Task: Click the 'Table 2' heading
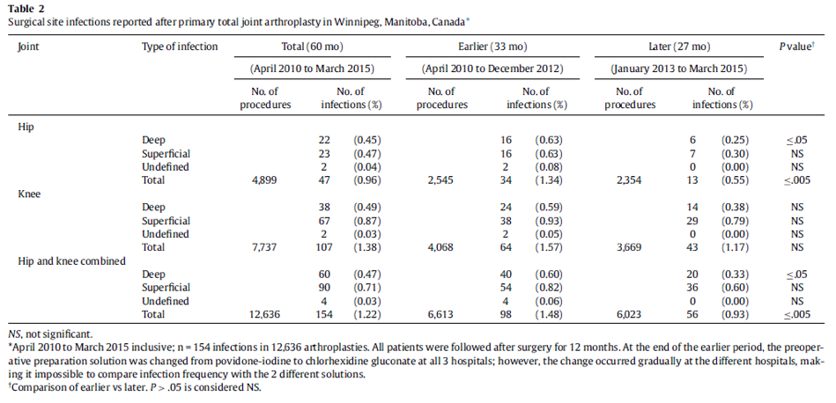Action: click(x=25, y=10)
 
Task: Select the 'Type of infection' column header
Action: click(x=180, y=47)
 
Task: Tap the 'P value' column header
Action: click(x=796, y=47)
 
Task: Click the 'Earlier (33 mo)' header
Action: click(x=492, y=47)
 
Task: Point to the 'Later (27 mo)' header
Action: click(x=678, y=47)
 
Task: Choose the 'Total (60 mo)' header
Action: click(x=312, y=47)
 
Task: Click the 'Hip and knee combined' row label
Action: click(x=71, y=260)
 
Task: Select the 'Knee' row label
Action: click(x=29, y=194)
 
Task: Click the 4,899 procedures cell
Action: click(x=265, y=180)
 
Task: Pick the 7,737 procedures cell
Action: click(x=265, y=247)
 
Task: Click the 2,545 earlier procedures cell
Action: click(x=441, y=180)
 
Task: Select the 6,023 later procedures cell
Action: click(x=629, y=315)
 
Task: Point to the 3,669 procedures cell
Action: click(x=629, y=247)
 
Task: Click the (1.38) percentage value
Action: click(x=366, y=247)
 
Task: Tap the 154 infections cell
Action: click(x=324, y=315)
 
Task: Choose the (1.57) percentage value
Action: click(x=549, y=247)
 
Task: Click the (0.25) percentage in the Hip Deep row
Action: click(x=736, y=141)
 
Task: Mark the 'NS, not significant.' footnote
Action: click(x=50, y=335)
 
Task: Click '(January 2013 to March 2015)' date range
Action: click(x=678, y=70)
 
